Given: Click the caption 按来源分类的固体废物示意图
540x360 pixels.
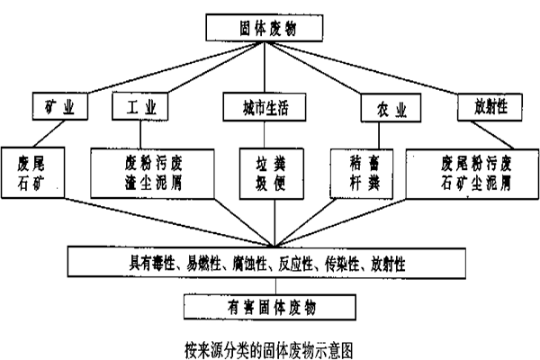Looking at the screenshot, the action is pos(269,350).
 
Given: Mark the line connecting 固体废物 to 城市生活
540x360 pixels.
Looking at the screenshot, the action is pos(265,67).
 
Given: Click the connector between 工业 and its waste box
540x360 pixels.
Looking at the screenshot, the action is pos(140,134).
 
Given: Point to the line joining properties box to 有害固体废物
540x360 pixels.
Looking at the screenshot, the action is pos(275,286).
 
